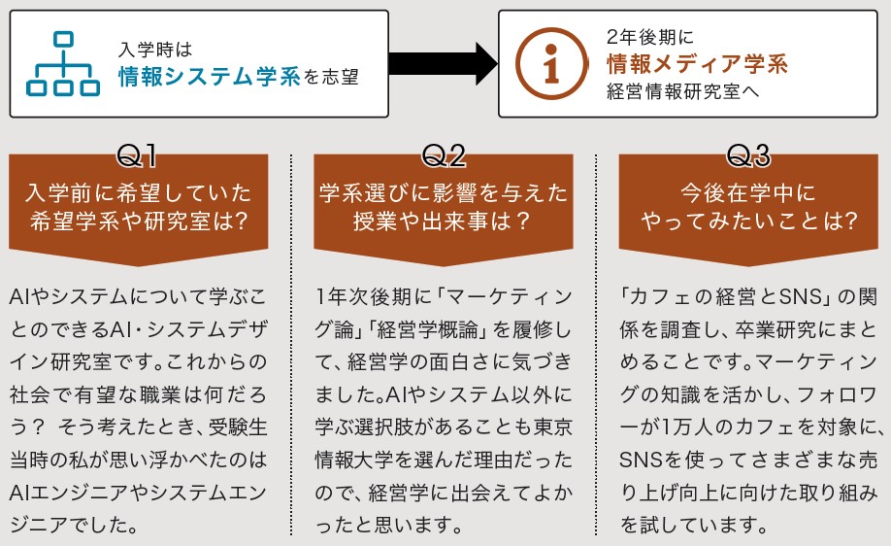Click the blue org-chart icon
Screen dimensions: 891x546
63,63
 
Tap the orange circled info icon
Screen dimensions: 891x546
551,64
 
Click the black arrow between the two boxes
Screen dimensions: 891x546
444,64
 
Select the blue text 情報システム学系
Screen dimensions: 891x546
209,76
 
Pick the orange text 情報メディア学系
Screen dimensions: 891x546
697,64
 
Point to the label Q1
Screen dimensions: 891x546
137,155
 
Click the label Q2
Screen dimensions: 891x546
444,155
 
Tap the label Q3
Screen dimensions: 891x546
748,155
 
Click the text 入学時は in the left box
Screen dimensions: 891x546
155,50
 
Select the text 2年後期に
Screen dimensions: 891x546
650,37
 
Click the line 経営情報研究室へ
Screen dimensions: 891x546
682,91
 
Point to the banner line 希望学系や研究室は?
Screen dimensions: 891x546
139,221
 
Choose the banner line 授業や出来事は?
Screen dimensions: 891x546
442,221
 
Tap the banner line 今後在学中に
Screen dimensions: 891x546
748,192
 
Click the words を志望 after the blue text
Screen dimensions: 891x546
331,77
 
